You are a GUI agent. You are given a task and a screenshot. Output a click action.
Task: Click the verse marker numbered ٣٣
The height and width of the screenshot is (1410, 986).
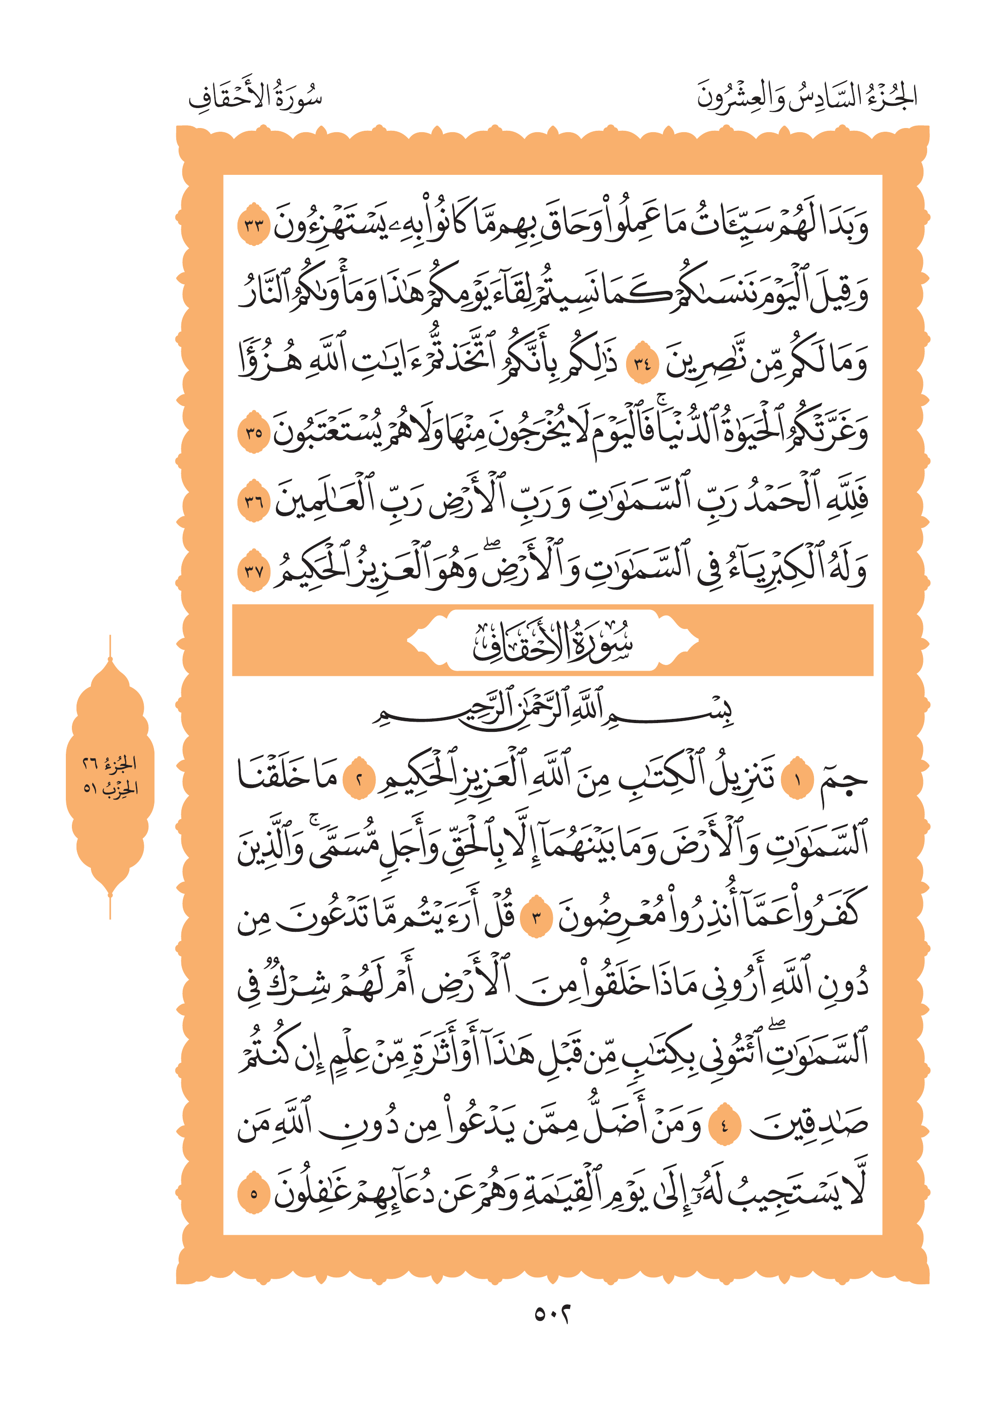pyautogui.click(x=254, y=225)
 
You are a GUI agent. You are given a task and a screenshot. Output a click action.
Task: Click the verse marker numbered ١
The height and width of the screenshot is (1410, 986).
pyautogui.click(x=797, y=781)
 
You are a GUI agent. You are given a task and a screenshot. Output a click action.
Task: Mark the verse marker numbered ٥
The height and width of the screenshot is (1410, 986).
pyautogui.click(x=254, y=1194)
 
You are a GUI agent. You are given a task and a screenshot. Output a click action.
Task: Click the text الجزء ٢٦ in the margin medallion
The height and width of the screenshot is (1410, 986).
pyautogui.click(x=110, y=764)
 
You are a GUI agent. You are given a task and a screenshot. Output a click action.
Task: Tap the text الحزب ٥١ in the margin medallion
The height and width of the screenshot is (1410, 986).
pyautogui.click(x=110, y=787)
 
